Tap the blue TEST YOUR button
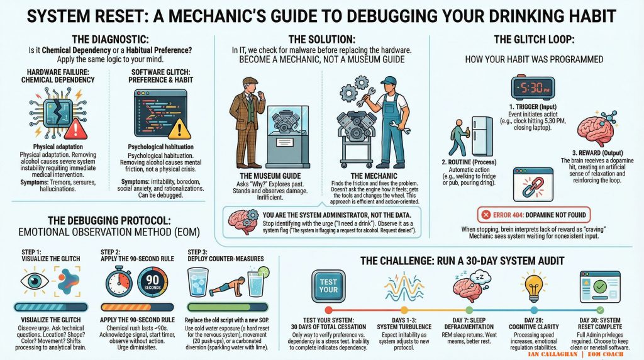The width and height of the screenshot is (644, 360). (329, 284)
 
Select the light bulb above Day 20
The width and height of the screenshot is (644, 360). (533, 286)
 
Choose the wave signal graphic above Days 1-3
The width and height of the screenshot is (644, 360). (394, 286)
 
